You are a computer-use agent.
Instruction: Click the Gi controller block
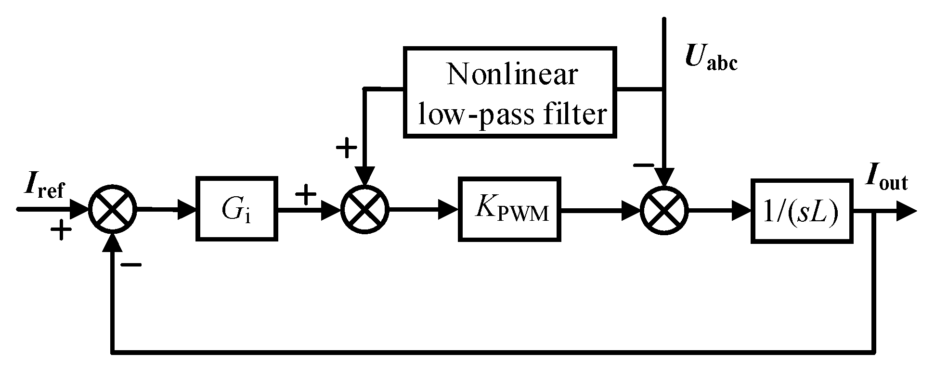tap(236, 209)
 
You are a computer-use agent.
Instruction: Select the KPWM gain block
tap(509, 210)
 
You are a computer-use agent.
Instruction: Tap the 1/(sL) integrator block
tap(802, 210)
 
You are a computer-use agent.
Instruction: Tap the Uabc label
tap(711, 60)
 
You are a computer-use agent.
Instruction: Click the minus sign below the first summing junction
tap(130, 265)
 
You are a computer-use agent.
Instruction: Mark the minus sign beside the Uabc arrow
tap(643, 165)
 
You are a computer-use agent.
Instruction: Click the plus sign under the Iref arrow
tap(61, 231)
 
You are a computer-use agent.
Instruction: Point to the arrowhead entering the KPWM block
tap(448, 210)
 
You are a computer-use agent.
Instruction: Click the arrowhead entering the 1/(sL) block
tap(741, 210)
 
